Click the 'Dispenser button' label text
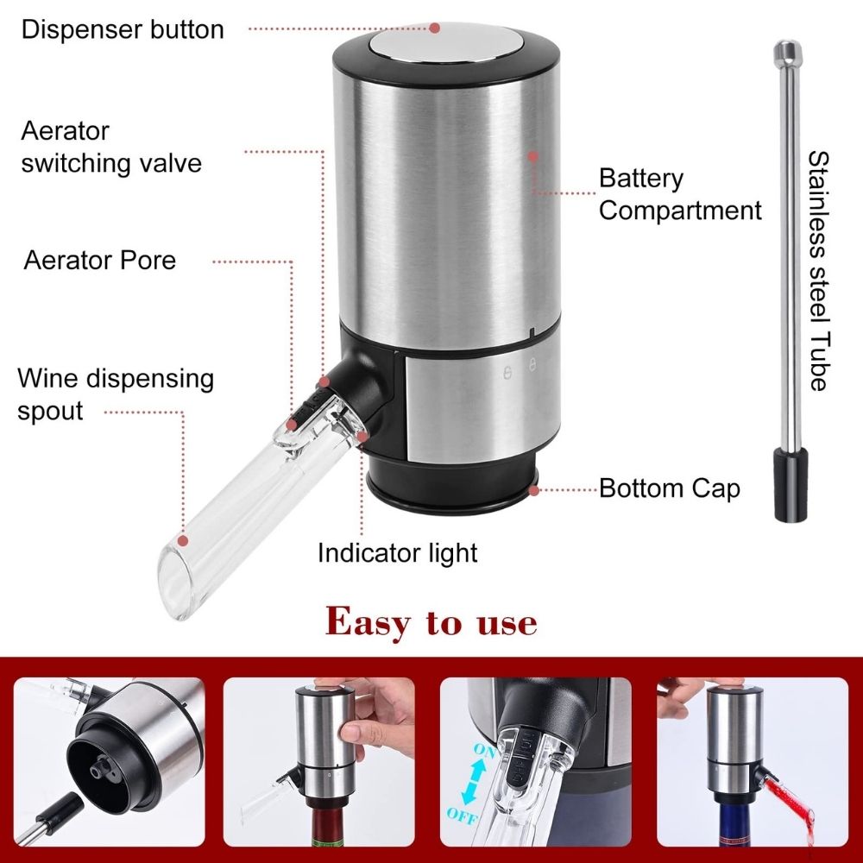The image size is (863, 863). click(123, 29)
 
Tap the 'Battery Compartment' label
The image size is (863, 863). click(680, 194)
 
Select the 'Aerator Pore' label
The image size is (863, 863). click(99, 260)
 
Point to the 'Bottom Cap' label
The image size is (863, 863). click(669, 488)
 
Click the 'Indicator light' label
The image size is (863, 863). click(397, 552)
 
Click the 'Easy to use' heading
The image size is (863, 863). click(431, 621)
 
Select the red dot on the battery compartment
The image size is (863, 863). click(533, 157)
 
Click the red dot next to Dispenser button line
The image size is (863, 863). click(435, 28)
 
